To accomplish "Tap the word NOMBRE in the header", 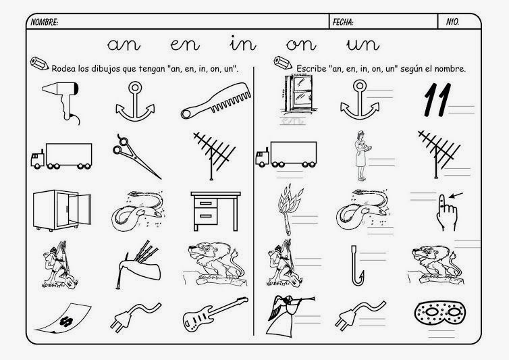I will coord(44,22).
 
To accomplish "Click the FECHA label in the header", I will coord(343,22).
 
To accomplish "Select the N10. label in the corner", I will coord(452,22).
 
